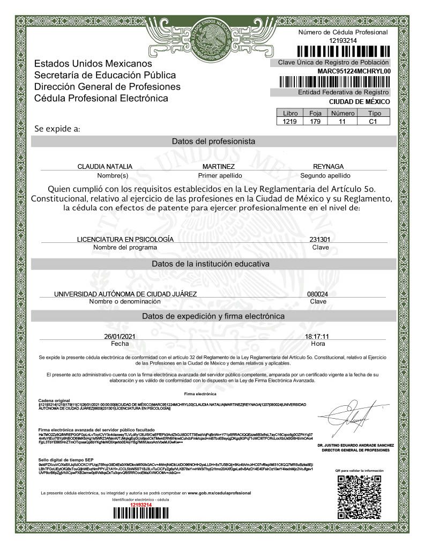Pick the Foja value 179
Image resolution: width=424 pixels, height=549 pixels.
pos(315,122)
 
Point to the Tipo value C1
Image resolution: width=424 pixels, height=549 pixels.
pos(374,122)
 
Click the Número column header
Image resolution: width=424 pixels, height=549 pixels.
pos(343,114)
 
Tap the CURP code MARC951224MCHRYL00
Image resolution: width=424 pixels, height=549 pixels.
pos(354,71)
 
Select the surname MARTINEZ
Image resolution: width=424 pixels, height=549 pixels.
pos(219,167)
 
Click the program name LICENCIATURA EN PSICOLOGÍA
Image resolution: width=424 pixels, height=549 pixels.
pos(125,239)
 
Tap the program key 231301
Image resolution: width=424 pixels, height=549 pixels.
pos(319,239)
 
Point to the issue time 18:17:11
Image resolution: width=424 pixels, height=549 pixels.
pos(317,336)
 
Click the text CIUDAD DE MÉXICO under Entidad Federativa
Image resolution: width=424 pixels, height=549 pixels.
pos(359,102)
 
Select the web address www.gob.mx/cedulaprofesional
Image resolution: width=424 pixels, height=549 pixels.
pos(219,492)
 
